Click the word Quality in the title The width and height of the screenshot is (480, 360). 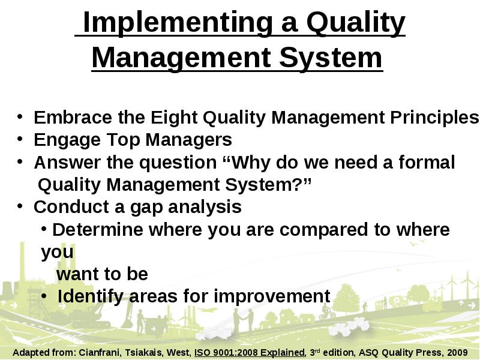tap(356, 23)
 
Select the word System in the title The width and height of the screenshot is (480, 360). tap(331, 58)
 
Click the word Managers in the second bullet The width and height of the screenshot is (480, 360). tap(188, 140)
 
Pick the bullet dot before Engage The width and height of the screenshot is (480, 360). tap(20, 139)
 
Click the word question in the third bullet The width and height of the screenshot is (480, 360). tap(178, 163)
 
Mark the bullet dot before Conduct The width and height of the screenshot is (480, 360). tap(20, 206)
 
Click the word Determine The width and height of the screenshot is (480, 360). tap(98, 229)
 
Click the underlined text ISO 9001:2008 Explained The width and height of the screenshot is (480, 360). tap(250, 353)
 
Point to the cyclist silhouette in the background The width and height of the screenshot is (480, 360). tap(327, 312)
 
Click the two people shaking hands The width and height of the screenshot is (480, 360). tap(244, 320)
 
